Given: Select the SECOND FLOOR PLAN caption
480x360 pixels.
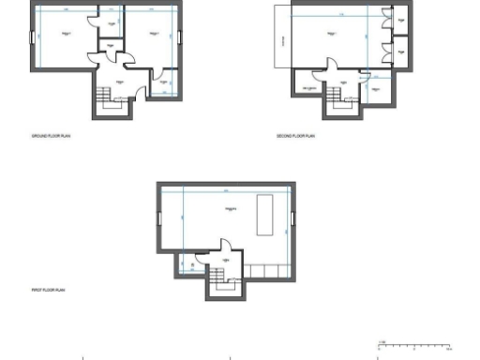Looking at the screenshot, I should (x=297, y=136).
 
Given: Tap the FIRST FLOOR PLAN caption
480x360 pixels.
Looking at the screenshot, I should (x=48, y=291).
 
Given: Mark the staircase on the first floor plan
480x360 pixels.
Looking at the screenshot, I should (x=218, y=277).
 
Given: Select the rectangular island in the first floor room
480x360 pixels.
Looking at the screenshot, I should (x=264, y=216).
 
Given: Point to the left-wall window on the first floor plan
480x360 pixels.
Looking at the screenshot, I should (x=158, y=218).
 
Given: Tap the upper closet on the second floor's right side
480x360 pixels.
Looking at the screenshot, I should (x=400, y=20).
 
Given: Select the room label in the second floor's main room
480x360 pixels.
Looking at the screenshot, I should (x=333, y=33).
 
